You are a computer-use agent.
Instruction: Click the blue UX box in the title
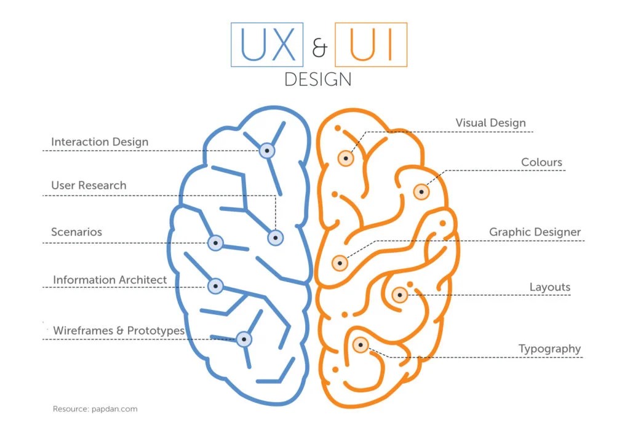tap(267, 44)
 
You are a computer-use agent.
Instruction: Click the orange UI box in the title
tap(370, 44)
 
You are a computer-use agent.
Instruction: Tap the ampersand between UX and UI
tap(319, 48)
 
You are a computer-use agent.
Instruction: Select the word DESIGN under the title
tap(318, 80)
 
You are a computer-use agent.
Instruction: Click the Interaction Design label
tap(100, 142)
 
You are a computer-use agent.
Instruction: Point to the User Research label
tap(89, 185)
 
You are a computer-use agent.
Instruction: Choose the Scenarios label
tap(76, 232)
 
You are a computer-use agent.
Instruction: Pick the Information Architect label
tap(110, 280)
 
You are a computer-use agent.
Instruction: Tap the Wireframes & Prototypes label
tap(119, 330)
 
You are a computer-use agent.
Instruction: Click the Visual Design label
tap(490, 123)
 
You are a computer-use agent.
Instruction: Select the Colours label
tap(541, 162)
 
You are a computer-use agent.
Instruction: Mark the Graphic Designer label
tap(535, 232)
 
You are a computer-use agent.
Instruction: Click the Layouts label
tap(549, 287)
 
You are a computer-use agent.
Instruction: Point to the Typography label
tap(549, 349)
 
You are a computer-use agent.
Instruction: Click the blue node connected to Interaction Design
tap(266, 150)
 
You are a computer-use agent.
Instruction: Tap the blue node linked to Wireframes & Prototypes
tap(244, 338)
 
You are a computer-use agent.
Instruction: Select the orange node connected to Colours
tap(421, 191)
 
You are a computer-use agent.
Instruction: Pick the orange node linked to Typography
tap(360, 345)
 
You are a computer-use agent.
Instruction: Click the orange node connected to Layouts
tap(399, 295)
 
